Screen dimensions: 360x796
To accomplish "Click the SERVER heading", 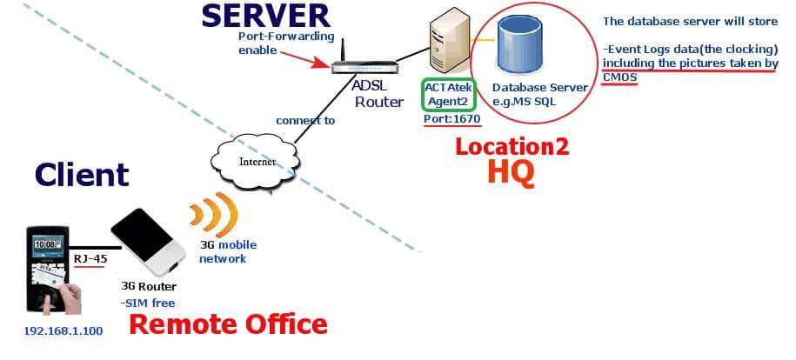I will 265,15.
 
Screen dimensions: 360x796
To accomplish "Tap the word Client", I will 82,174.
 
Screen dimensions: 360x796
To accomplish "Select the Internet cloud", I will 256,161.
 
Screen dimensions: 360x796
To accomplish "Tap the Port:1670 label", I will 449,118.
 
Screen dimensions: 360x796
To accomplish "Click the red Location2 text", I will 512,146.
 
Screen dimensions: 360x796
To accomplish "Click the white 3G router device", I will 149,238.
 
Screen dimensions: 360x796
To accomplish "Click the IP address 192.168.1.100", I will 64,331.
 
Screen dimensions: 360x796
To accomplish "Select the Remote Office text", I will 228,324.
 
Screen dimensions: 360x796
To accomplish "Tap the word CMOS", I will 619,77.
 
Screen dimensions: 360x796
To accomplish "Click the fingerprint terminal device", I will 50,268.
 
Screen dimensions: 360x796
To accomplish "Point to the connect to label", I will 305,121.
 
